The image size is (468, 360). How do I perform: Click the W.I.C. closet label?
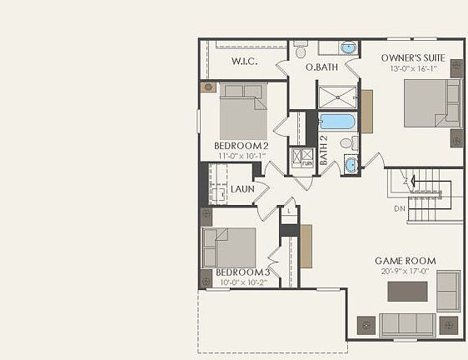coord(244,62)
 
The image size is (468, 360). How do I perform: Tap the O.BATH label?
coord(321,67)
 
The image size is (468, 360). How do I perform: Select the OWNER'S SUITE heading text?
coord(413,57)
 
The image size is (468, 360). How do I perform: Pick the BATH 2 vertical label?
coord(323,149)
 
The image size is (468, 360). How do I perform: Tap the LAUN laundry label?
coord(242,189)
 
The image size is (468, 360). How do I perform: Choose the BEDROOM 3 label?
coord(243,272)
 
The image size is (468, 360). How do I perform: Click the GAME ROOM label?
coord(405,261)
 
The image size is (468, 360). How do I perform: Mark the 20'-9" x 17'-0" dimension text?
coord(405,271)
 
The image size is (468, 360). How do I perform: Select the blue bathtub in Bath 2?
coord(337,122)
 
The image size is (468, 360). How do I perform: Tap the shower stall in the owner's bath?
coord(336,97)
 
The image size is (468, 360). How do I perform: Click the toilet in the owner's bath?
coord(301,51)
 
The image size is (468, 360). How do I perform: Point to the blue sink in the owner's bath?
coord(347,47)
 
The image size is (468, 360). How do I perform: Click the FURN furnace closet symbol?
coord(307,158)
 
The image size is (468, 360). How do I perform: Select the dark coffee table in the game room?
coord(407,292)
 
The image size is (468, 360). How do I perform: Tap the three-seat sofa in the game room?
coord(406,324)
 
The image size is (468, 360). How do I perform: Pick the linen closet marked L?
coord(289,211)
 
